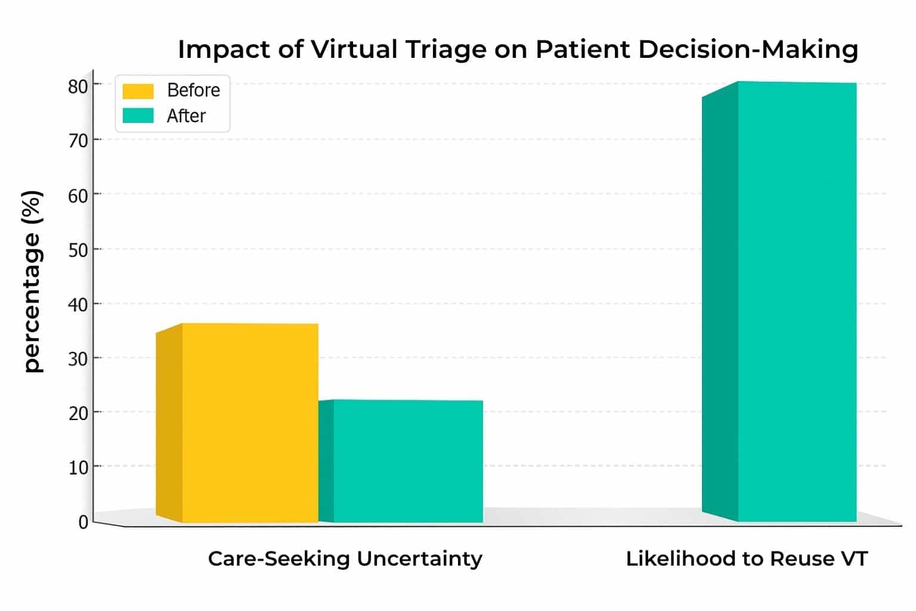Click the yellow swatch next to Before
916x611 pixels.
[138, 91]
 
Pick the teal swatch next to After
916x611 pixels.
[138, 115]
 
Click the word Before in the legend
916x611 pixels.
[193, 90]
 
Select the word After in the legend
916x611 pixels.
[186, 116]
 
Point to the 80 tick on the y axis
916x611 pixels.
[78, 87]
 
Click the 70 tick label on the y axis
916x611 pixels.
[78, 141]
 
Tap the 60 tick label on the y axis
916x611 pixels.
[78, 196]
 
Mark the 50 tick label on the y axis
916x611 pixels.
[78, 250]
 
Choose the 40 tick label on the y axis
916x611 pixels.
[78, 304]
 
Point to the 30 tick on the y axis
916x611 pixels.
[78, 359]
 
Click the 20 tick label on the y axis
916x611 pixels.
[78, 413]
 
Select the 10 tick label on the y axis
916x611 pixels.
[78, 467]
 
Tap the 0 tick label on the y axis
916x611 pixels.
[83, 522]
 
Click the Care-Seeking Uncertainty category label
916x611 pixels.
[345, 559]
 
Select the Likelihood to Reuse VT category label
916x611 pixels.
[746, 559]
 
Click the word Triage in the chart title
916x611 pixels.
[445, 50]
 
